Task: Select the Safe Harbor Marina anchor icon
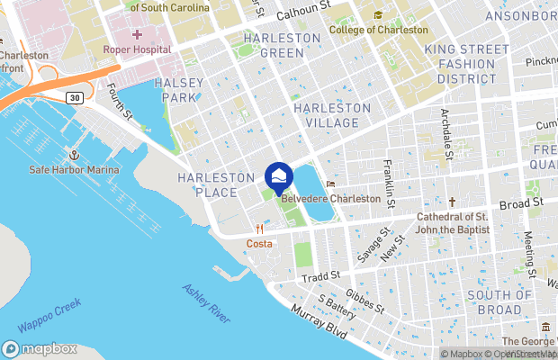[x=75, y=154]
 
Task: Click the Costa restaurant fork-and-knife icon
[x=259, y=229]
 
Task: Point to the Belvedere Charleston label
[x=330, y=199]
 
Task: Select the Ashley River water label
[x=206, y=303]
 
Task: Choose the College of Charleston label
[x=378, y=30]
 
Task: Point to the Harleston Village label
[x=332, y=115]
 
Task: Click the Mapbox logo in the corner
[x=40, y=348]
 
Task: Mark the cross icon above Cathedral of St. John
[x=452, y=202]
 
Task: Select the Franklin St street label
[x=388, y=181]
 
